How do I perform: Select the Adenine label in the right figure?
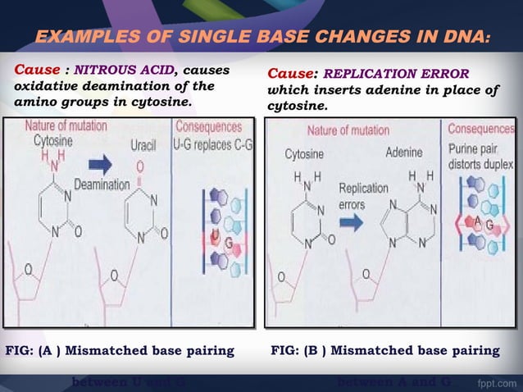coord(403,153)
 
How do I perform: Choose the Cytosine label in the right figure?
coord(303,154)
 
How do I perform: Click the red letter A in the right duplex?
coord(478,222)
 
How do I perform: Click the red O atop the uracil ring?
coord(140,166)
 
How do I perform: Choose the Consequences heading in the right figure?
coord(481,129)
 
